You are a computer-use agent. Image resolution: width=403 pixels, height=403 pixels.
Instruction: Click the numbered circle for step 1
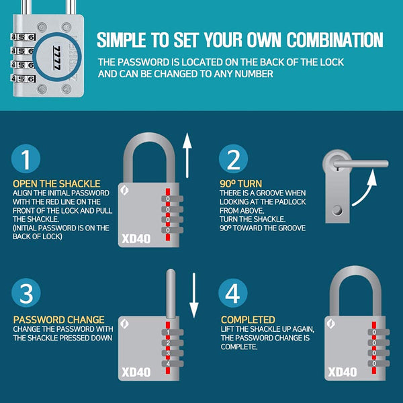26,159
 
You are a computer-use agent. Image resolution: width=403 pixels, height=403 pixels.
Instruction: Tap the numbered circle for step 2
233,159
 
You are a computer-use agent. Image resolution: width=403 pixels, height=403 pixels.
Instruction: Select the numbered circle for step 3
26,293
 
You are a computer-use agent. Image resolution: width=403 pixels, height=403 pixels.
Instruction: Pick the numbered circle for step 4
233,293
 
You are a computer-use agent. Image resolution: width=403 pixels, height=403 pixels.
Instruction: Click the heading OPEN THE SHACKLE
56,184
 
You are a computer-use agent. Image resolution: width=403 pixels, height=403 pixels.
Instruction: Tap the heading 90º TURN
241,184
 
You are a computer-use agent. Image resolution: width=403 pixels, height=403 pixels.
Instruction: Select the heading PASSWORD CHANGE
59,320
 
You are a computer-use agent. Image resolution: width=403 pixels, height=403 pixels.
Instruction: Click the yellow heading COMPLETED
248,320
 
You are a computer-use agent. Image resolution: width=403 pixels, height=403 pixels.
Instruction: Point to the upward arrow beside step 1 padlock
187,156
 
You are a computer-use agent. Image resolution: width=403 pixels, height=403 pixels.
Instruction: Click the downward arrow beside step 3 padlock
194,296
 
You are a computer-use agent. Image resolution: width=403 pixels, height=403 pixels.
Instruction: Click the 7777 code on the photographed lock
57,58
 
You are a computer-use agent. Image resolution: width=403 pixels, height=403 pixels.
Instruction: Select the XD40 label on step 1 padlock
136,238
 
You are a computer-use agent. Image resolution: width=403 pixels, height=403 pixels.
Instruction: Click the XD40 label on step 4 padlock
343,372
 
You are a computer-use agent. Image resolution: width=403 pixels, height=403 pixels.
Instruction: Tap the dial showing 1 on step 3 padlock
173,332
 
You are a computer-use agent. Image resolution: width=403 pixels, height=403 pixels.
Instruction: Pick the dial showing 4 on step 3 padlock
173,363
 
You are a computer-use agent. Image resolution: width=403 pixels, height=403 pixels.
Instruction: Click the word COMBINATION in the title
335,40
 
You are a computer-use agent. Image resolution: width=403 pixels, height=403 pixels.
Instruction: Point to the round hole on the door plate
337,210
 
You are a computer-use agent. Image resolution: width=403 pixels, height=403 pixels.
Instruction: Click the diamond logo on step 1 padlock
124,191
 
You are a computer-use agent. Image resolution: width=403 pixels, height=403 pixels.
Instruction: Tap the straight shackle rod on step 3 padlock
171,294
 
